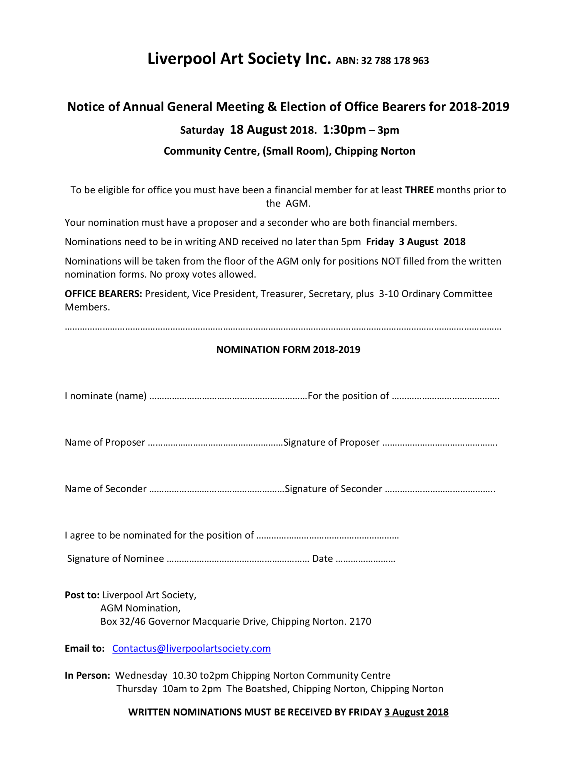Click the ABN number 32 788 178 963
(395, 61)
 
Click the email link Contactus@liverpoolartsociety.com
(191, 648)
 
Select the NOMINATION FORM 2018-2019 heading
(288, 349)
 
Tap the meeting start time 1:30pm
(344, 130)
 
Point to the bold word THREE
(419, 190)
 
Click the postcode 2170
(360, 621)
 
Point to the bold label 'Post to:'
(82, 595)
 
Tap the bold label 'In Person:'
(87, 675)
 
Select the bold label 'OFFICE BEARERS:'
(103, 294)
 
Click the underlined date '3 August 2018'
(416, 712)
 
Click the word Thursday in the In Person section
(136, 689)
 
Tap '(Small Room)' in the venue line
(297, 151)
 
